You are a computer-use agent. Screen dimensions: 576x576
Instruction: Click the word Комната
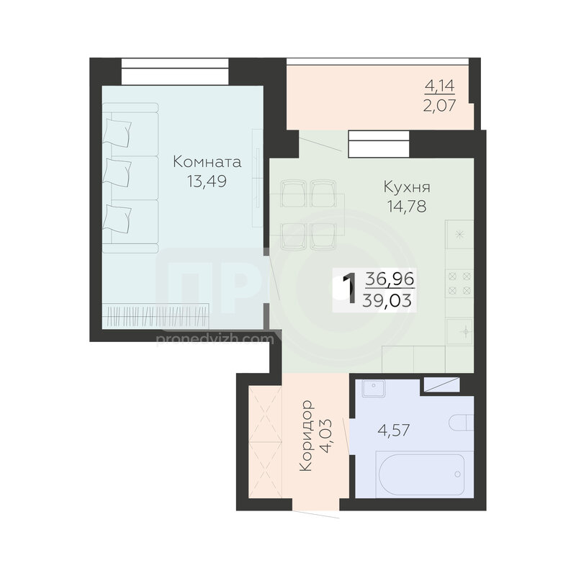point(207,161)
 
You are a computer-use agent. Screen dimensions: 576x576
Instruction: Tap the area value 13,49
point(207,181)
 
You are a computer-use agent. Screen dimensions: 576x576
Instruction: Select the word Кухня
point(407,187)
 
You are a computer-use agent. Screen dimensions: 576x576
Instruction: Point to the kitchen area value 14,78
point(406,206)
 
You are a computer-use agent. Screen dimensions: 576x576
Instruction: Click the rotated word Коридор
point(306,436)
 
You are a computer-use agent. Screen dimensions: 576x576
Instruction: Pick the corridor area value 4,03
point(326,436)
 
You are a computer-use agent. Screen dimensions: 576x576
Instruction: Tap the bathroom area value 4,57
point(393,429)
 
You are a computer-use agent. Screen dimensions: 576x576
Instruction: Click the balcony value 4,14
point(440,86)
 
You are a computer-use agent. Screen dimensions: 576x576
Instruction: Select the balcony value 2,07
point(440,105)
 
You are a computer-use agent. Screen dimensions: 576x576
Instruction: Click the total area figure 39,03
point(387,301)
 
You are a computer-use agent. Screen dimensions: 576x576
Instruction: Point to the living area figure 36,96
point(390,279)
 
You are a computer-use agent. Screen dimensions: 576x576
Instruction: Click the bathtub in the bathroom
point(422,474)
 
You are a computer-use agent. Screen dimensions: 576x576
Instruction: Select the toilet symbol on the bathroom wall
point(461,423)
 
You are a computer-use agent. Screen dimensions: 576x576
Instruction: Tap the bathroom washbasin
point(373,388)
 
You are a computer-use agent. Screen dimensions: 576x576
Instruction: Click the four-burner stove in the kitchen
point(459,283)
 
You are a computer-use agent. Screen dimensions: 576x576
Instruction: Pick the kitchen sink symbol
point(459,332)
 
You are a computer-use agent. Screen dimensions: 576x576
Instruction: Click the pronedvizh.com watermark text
point(215,338)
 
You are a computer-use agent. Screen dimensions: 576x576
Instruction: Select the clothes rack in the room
point(156,315)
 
